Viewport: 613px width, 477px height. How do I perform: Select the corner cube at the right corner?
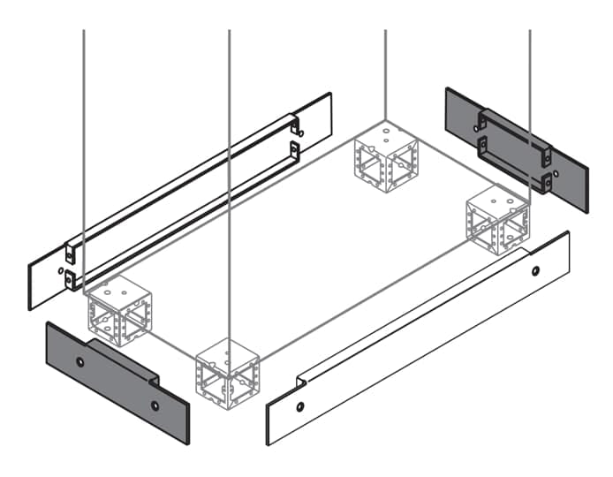point(497,221)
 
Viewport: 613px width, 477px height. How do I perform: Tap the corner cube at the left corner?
point(118,309)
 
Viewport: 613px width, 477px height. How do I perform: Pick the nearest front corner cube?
point(228,371)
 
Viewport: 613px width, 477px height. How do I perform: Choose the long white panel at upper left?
point(177,203)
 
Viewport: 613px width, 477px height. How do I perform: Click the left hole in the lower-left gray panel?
point(80,362)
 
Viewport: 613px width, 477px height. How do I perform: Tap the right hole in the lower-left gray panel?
point(155,405)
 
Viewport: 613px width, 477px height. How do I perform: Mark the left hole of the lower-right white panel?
point(300,407)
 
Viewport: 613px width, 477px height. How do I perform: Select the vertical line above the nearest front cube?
point(229,177)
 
